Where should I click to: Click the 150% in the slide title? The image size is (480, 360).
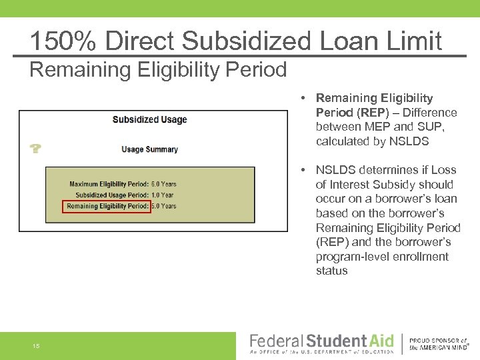tap(61, 41)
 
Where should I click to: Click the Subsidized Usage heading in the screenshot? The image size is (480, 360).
tap(149, 120)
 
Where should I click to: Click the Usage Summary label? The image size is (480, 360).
tap(149, 149)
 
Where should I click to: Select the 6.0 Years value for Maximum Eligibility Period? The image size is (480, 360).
tap(164, 184)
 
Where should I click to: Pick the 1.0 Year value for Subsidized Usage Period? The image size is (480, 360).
tap(162, 195)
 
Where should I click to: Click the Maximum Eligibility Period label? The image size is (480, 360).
tap(109, 184)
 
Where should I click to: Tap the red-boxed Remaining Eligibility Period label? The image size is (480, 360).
tap(107, 207)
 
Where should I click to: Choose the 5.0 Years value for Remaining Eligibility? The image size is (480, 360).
tap(164, 207)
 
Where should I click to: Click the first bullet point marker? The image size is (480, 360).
tap(303, 99)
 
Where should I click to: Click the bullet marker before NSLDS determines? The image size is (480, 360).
tap(303, 171)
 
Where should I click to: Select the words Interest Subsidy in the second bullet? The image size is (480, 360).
tap(389, 185)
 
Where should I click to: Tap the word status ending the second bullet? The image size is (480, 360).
tap(332, 271)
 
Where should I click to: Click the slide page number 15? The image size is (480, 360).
tap(36, 345)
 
